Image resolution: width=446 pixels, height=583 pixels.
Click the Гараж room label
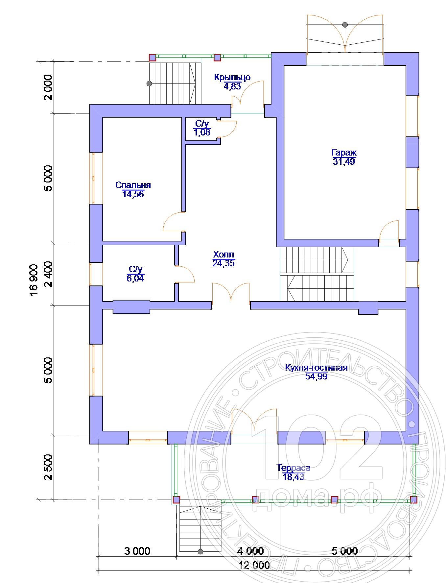coord(344,153)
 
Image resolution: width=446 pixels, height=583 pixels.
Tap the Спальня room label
coord(133,185)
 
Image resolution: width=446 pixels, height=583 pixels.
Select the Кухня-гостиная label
coord(316,367)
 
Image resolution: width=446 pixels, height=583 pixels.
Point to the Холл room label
coord(223,254)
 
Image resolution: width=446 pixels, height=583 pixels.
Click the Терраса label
coord(293,468)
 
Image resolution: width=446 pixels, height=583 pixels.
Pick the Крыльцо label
coord(232,77)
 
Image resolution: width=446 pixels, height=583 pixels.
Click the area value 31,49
coord(344,161)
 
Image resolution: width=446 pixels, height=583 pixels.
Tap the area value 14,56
coord(133,194)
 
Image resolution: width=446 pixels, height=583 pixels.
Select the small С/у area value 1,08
coord(202,132)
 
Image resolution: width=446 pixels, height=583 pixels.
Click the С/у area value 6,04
coord(135,279)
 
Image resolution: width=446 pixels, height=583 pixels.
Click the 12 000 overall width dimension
coord(254,565)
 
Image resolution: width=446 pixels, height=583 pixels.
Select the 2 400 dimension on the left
coord(48,274)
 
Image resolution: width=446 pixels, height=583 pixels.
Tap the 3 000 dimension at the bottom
coord(137,551)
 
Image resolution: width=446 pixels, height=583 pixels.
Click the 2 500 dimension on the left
coord(48,468)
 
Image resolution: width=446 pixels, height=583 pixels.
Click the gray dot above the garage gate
coord(345,25)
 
